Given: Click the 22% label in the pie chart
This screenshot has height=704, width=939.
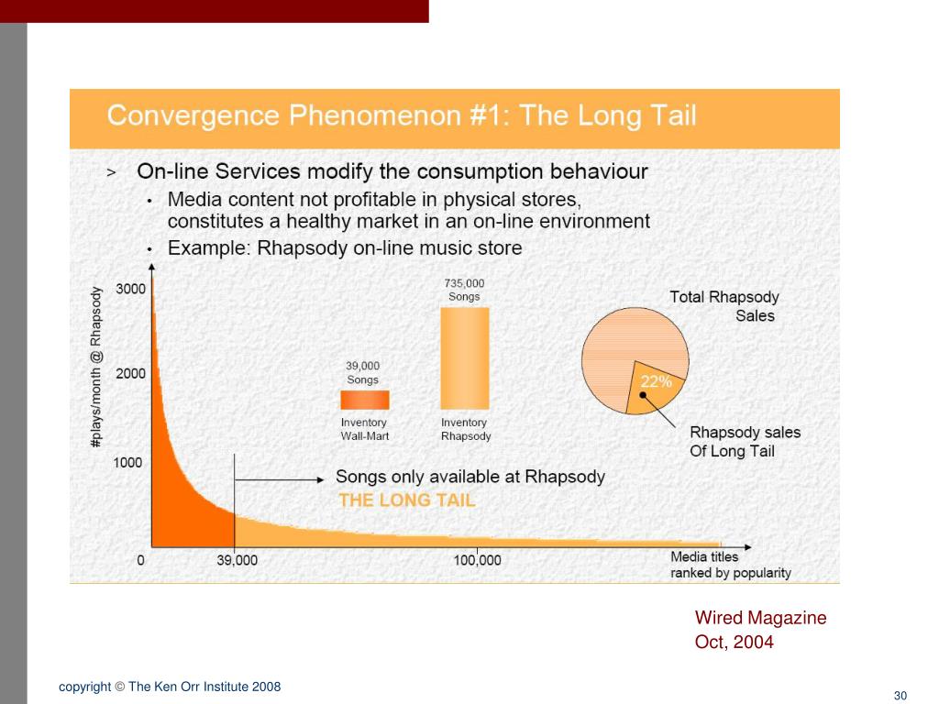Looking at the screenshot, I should click(x=656, y=381).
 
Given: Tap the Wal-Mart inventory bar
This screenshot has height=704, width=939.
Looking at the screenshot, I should click(x=365, y=400).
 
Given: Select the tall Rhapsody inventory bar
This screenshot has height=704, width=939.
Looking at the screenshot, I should click(x=465, y=357).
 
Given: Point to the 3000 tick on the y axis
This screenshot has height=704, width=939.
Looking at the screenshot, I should click(x=130, y=289).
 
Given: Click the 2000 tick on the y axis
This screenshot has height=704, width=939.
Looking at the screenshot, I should click(x=130, y=373).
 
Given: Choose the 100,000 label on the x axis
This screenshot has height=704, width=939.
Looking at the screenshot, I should click(x=477, y=560).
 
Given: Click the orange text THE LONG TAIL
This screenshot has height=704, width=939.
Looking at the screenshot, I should click(x=407, y=500).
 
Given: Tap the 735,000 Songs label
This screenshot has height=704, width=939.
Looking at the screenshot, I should click(x=464, y=290).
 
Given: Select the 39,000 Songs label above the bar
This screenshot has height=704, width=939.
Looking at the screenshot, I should click(x=362, y=372).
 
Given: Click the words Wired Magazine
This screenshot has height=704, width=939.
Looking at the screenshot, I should click(x=760, y=618).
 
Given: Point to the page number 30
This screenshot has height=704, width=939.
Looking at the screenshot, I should click(x=900, y=695).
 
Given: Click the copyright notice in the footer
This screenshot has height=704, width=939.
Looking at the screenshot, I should click(x=170, y=687).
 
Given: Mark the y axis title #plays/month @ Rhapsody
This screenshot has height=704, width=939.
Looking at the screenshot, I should click(x=96, y=367).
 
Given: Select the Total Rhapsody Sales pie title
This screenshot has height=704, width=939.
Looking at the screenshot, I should click(x=724, y=306).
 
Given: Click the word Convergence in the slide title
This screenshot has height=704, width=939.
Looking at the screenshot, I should click(x=193, y=116).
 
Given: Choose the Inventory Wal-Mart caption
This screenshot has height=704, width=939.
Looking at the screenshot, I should click(x=365, y=429).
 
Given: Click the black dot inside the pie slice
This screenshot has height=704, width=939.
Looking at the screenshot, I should click(x=643, y=396).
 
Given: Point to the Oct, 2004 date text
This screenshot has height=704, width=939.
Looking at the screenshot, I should click(x=734, y=642).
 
